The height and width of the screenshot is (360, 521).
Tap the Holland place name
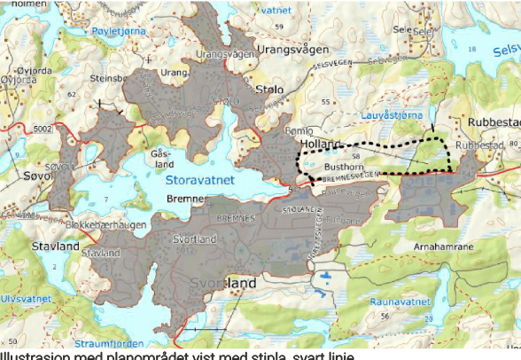tap(321, 144)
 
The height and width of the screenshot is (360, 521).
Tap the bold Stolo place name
tap(268, 90)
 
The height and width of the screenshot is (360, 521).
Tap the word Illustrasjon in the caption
tap(32, 355)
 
